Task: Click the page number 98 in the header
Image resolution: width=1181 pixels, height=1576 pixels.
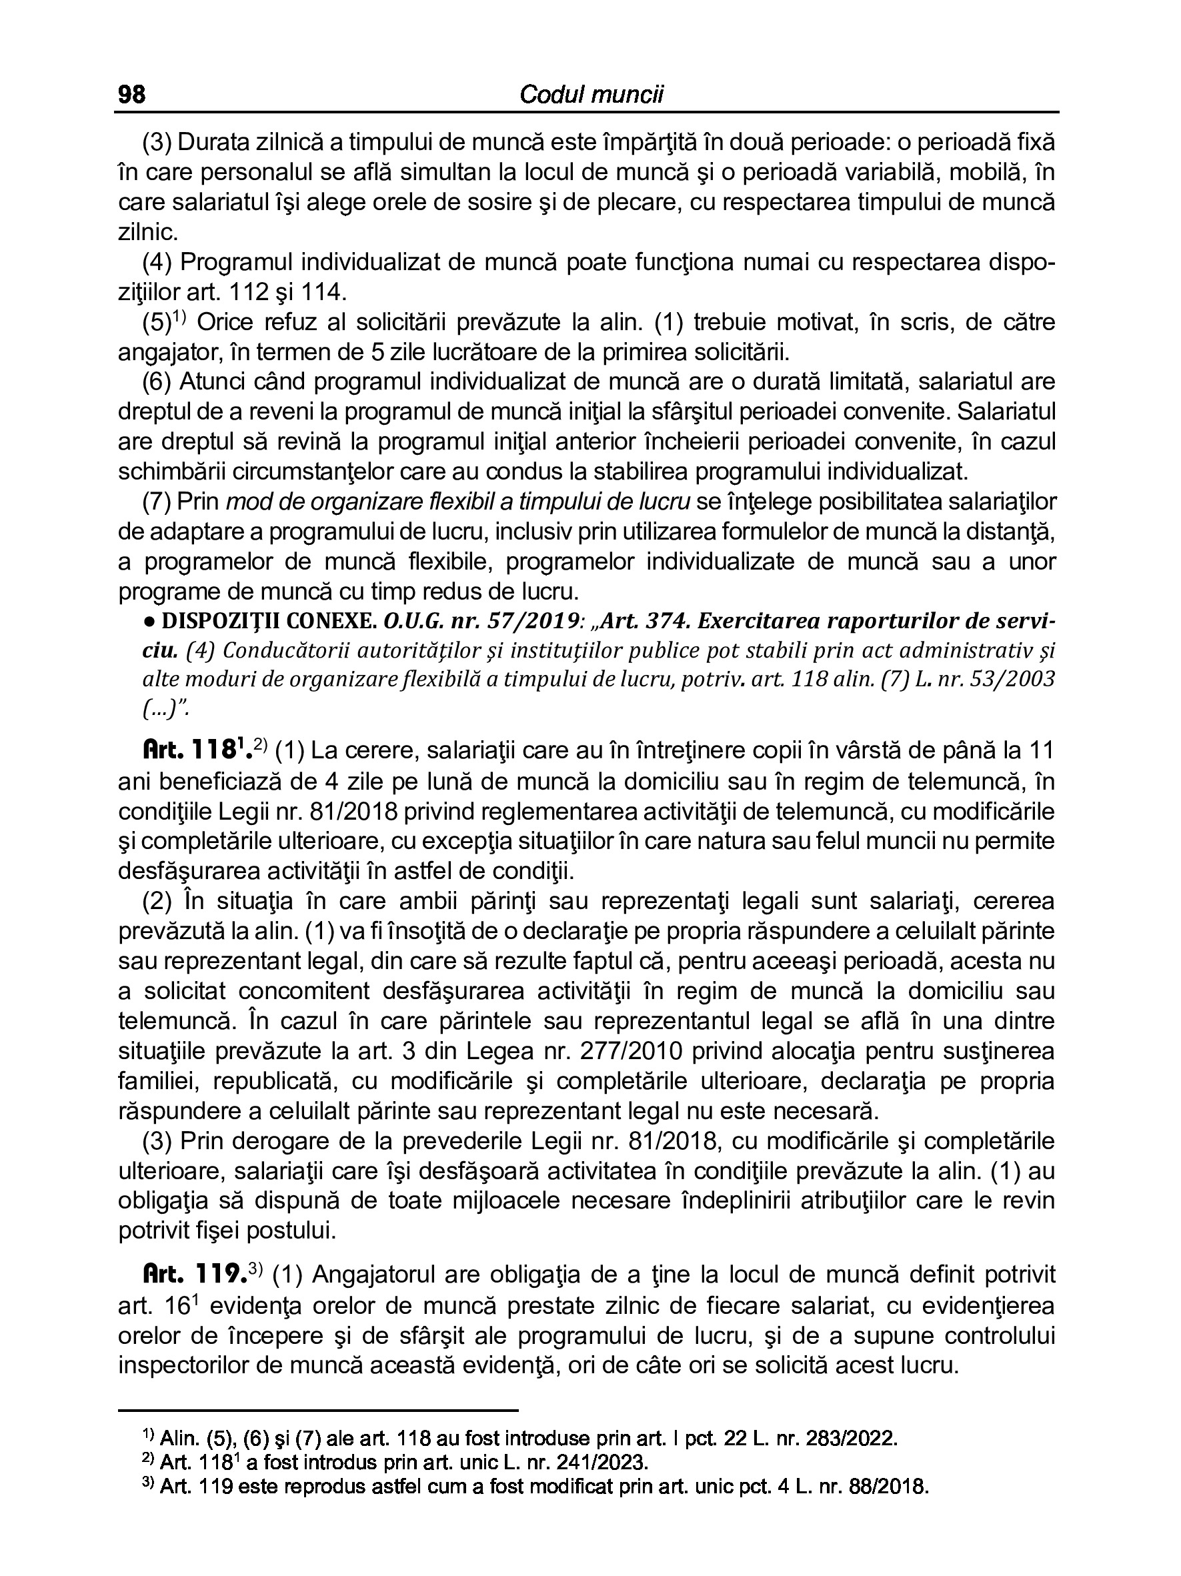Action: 132,95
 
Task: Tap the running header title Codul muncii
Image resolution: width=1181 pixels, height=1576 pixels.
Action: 591,95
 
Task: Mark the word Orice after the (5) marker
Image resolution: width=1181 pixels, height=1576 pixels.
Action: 226,322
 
